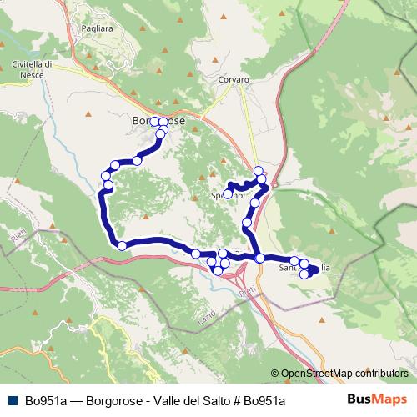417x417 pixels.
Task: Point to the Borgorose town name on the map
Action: (x=158, y=122)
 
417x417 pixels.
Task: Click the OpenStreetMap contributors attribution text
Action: (x=344, y=374)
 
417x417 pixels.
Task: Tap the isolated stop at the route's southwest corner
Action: (x=122, y=245)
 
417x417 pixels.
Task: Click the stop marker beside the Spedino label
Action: (x=228, y=194)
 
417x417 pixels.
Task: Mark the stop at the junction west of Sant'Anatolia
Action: (x=260, y=259)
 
